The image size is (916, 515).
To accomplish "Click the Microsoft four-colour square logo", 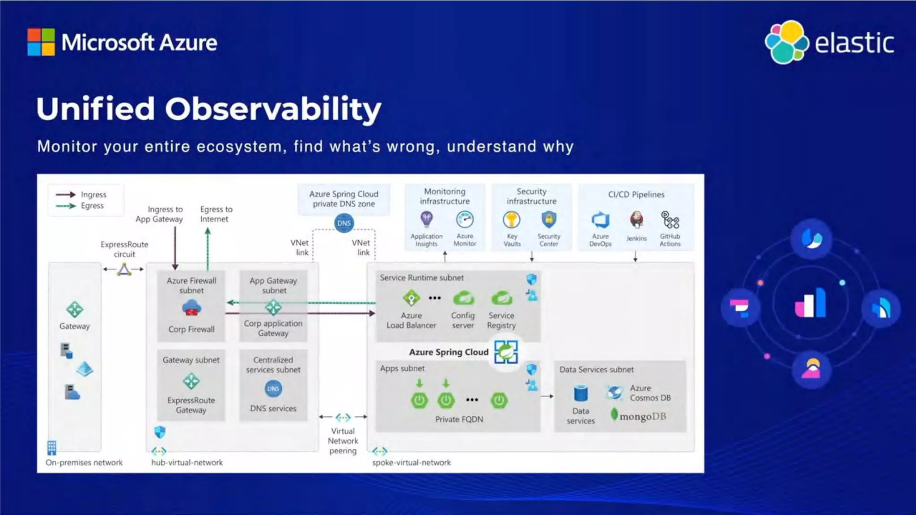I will click(41, 42).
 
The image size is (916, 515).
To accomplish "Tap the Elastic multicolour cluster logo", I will click(786, 42).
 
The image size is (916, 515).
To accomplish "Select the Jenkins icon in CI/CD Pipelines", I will click(636, 220).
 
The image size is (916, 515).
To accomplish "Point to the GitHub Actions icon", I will click(670, 220).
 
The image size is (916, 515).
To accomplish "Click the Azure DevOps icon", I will click(600, 220).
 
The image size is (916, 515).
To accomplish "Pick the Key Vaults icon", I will click(512, 220).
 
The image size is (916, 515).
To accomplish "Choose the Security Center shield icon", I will click(548, 220).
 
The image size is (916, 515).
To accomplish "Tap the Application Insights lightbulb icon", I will click(426, 219).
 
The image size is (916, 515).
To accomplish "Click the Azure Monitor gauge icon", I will click(465, 220).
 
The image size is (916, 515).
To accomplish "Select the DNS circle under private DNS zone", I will click(344, 223).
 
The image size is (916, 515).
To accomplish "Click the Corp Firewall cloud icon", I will click(191, 308).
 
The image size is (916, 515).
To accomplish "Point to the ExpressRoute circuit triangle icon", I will click(124, 269).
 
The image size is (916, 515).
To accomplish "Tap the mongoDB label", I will click(642, 416).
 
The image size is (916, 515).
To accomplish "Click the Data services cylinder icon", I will click(581, 393).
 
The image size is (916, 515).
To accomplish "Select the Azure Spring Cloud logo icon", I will click(506, 352).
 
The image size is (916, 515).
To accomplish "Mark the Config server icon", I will click(463, 298).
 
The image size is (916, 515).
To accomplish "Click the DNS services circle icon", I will click(273, 389).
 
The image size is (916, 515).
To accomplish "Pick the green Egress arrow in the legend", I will click(66, 206).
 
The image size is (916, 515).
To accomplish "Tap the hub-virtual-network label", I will click(187, 463).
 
